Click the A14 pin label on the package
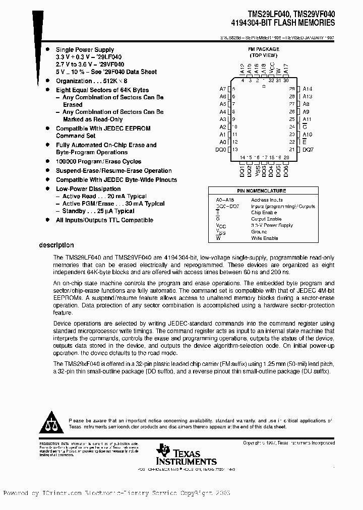tap(307, 88)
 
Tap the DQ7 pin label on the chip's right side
tap(308, 150)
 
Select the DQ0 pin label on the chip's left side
tap(221, 150)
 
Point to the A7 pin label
tap(223, 88)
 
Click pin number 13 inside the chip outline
tap(234, 150)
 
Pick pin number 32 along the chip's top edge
tap(272, 80)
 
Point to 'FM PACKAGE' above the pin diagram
tap(264, 49)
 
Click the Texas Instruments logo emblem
tap(163, 450)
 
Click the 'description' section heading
tap(56, 245)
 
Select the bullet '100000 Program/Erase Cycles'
tap(98, 162)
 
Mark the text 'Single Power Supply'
tap(85, 50)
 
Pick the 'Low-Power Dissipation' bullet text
tap(88, 188)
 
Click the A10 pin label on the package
tap(307, 135)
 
